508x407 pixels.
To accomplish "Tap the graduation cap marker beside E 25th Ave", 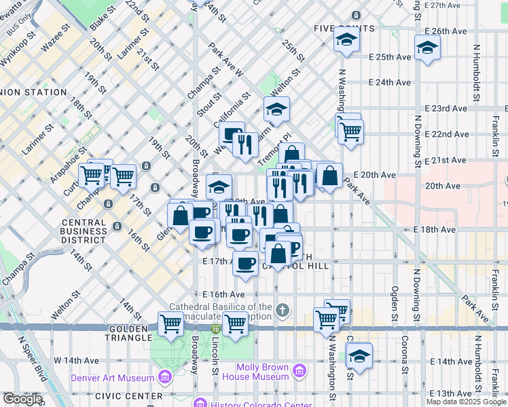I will pyautogui.click(x=427, y=48).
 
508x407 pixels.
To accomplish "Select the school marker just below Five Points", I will pyautogui.click(x=346, y=41).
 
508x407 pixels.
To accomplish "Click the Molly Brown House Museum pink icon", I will pyautogui.click(x=298, y=370).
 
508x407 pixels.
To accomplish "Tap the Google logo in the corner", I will pyautogui.click(x=22, y=399).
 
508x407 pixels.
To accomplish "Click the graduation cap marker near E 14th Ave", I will pyautogui.click(x=359, y=355).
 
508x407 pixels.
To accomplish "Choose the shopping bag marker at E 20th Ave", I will pyautogui.click(x=329, y=177).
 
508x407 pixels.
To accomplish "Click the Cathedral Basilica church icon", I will pyautogui.click(x=283, y=311).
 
